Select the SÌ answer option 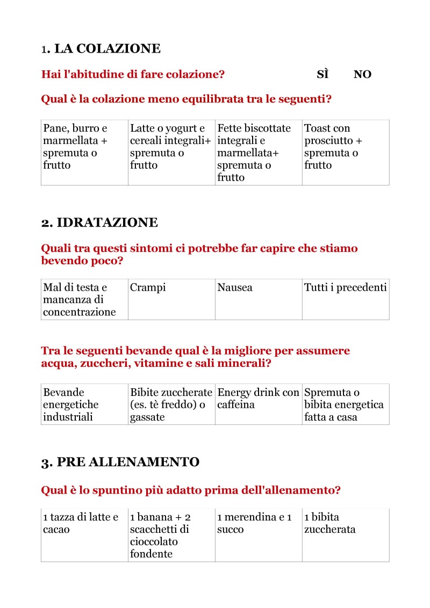(x=322, y=75)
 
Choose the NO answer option (x=362, y=75)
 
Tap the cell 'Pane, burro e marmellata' (x=84, y=153)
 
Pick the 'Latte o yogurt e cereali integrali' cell (x=171, y=153)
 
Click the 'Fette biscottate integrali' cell (x=259, y=153)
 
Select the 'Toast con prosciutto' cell (x=346, y=153)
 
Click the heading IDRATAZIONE (x=99, y=222)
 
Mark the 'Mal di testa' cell (x=84, y=299)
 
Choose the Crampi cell (x=171, y=299)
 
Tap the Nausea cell (x=259, y=299)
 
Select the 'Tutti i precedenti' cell (x=346, y=299)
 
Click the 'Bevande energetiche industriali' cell (x=84, y=404)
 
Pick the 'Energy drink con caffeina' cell (x=259, y=404)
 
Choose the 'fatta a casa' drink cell (x=346, y=404)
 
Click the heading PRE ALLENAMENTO (x=120, y=462)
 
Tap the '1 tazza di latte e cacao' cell (x=84, y=535)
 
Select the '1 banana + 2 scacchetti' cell (x=171, y=535)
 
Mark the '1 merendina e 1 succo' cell (x=259, y=535)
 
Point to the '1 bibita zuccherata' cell (x=346, y=535)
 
